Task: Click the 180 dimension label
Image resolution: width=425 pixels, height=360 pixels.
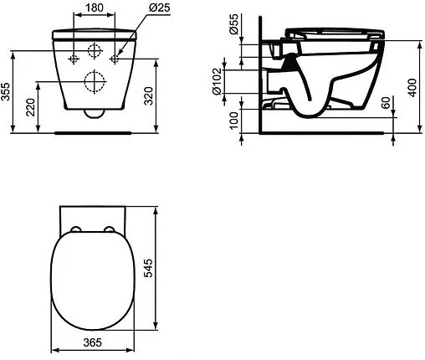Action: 95,8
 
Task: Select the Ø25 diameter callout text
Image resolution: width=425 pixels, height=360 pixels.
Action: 159,8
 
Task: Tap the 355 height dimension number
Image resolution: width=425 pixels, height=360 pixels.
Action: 6,91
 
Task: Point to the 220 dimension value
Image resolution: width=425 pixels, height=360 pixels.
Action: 30,107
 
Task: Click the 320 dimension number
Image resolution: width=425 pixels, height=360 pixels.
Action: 149,96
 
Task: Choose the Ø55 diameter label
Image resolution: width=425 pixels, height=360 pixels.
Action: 234,23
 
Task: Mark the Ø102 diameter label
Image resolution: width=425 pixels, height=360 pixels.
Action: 217,81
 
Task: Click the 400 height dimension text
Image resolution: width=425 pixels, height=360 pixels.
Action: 412,88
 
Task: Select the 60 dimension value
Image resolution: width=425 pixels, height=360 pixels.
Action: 386,103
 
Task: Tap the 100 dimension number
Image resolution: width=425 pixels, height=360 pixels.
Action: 233,121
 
